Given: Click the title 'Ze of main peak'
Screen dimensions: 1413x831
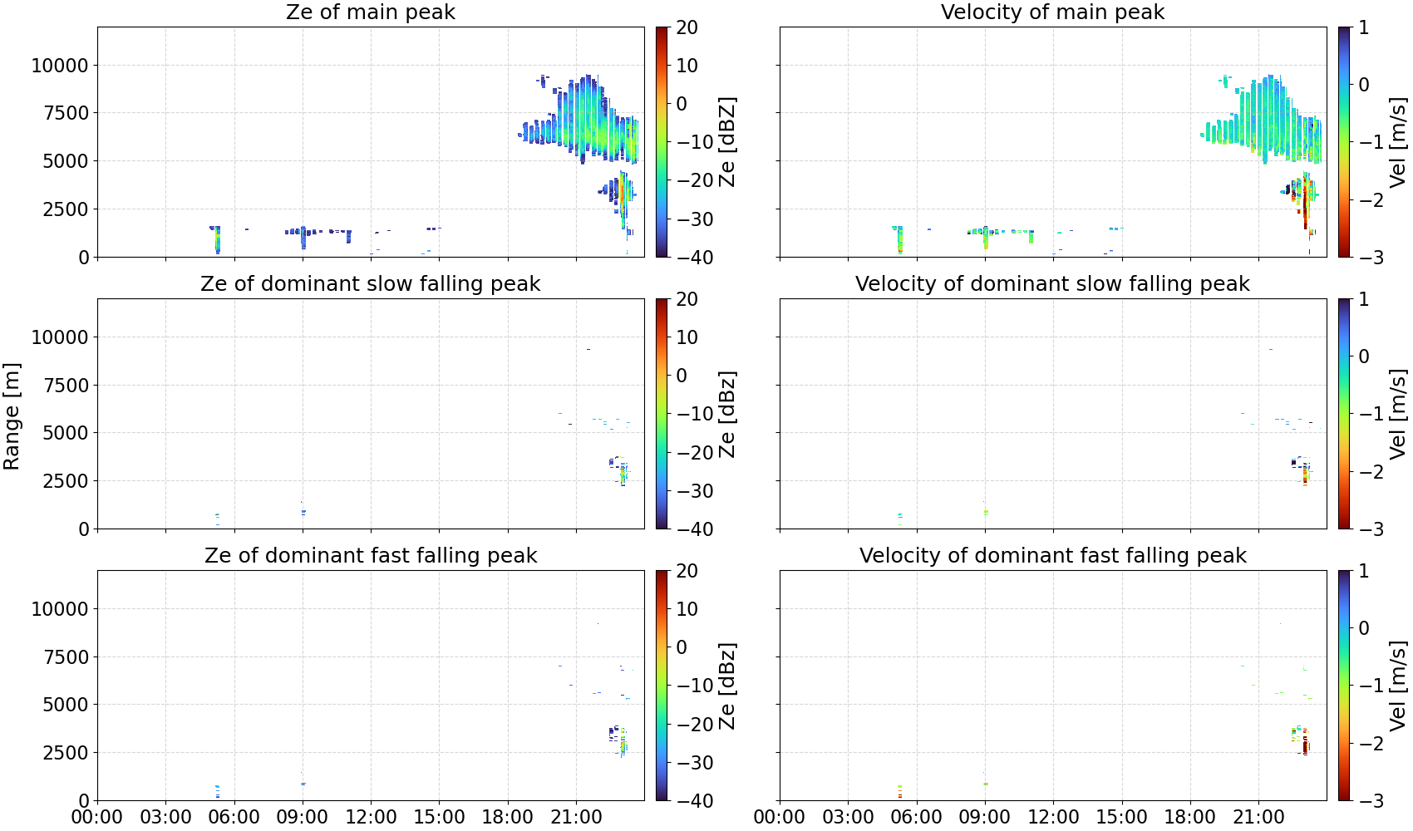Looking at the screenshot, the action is tap(370, 12).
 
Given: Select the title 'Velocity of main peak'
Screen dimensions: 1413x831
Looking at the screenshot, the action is tap(1053, 12).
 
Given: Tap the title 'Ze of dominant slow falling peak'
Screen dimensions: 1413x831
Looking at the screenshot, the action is tap(370, 283).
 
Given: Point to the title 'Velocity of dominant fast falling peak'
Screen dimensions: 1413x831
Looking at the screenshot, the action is tap(1053, 555).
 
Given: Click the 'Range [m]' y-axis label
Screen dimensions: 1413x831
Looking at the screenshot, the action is tap(12, 416).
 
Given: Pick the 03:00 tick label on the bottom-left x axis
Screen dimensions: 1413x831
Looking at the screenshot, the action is tap(165, 817).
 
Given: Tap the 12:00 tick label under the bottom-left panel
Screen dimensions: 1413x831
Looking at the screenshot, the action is tap(371, 817).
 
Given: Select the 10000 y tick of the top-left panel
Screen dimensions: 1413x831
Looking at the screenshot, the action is tap(60, 66).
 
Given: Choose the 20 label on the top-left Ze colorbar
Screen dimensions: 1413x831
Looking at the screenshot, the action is tap(687, 27).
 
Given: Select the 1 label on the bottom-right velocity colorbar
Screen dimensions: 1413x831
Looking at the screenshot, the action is tap(1363, 571).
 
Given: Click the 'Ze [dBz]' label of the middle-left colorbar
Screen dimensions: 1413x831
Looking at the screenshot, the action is tap(727, 414).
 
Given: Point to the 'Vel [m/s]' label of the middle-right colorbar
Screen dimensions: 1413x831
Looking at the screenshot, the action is tap(1398, 414).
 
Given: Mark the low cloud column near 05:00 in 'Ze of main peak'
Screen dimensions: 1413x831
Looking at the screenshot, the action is tap(216, 239).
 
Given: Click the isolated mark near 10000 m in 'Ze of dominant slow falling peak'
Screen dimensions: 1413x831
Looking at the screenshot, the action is tap(588, 349).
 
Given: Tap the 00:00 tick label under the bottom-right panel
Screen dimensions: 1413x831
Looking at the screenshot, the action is tap(780, 817).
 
